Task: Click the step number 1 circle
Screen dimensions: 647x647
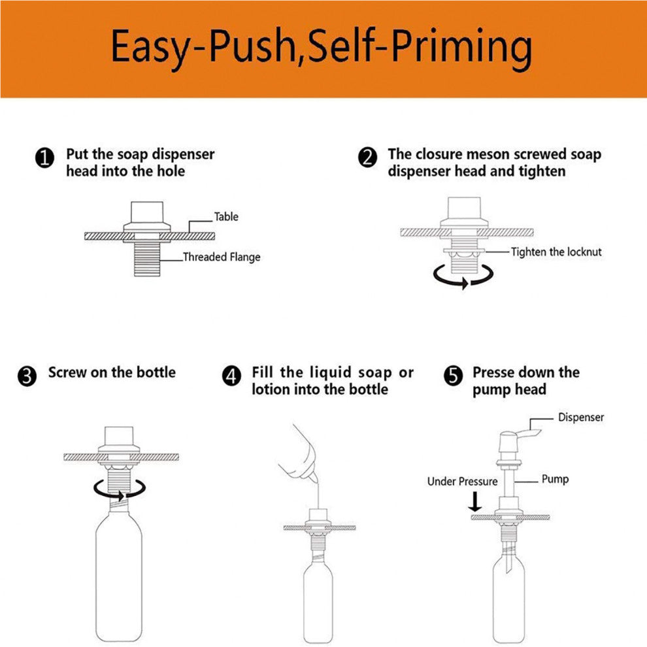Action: (44, 158)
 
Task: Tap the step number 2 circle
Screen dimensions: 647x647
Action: (367, 158)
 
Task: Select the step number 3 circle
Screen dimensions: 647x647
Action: (27, 376)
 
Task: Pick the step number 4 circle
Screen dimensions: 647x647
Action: (231, 376)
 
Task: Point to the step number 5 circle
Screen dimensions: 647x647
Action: (453, 376)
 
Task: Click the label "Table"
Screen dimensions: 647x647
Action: (226, 216)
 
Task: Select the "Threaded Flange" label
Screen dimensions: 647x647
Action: (222, 257)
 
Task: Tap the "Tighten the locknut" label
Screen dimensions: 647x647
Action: (556, 252)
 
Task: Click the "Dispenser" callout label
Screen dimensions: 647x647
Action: (581, 417)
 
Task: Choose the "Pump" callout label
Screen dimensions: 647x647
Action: (555, 479)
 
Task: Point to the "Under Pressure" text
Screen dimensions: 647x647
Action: (462, 482)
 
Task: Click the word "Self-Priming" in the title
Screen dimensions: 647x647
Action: (420, 46)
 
